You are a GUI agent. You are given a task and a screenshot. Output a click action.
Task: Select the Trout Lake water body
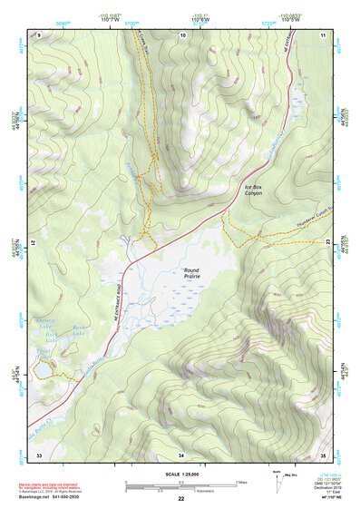point(44,368)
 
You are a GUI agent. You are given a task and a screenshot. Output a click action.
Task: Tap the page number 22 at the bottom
point(180,499)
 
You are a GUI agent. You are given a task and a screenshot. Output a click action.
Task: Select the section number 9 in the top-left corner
point(39,34)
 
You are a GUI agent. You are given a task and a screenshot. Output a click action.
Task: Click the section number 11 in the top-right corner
point(182,34)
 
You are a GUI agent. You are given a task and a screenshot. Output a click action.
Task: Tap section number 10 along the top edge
point(182,34)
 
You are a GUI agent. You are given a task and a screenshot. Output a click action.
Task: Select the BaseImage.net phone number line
point(66,496)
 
